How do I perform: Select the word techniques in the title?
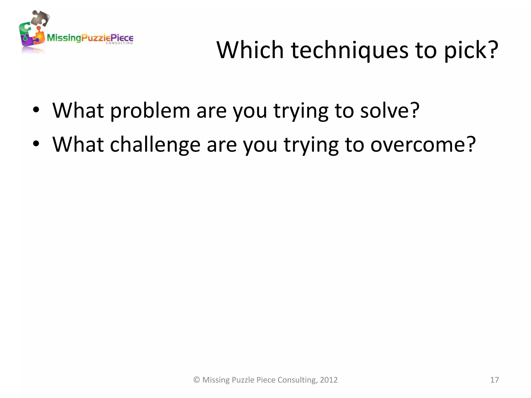point(350,50)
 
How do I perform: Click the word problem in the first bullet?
point(150,111)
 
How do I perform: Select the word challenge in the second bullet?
point(155,145)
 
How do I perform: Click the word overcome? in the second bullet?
point(423,145)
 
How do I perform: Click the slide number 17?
point(494,380)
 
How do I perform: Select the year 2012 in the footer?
point(329,380)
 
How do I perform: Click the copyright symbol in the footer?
point(197,380)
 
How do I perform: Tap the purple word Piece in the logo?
point(122,38)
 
